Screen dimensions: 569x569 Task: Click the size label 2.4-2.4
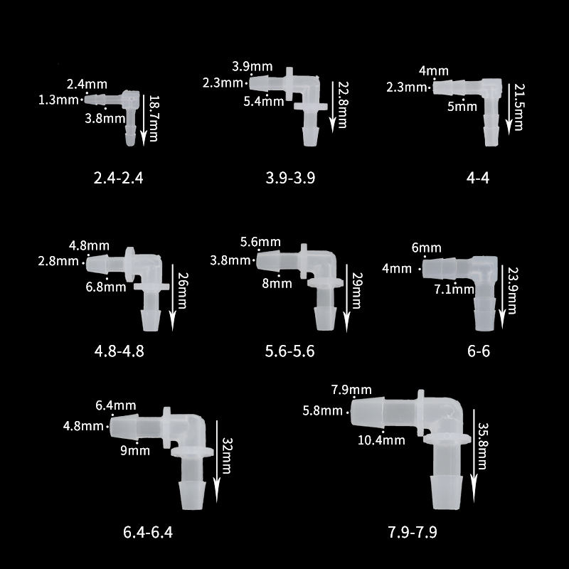coord(118,178)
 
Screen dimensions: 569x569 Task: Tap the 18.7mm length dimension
coord(154,118)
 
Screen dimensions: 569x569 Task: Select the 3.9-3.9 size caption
coord(290,178)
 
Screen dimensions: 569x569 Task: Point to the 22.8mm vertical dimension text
coord(343,105)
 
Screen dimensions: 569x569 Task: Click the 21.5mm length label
coord(519,107)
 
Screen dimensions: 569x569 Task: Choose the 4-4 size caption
coord(478,178)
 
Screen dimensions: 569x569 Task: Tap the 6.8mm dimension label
coord(106,287)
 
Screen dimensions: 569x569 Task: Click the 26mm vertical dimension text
coord(183,290)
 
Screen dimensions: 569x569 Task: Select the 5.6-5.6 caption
coord(289,351)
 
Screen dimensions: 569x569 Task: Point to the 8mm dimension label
coord(277,283)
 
